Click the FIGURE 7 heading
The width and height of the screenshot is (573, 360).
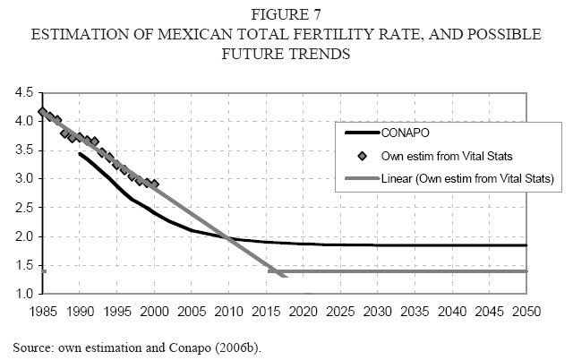click(x=286, y=15)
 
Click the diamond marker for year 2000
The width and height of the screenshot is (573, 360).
click(x=154, y=184)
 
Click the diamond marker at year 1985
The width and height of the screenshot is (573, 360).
click(x=42, y=113)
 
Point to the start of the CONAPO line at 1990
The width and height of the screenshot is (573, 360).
click(x=80, y=154)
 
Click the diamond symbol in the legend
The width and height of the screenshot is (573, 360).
click(x=362, y=156)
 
